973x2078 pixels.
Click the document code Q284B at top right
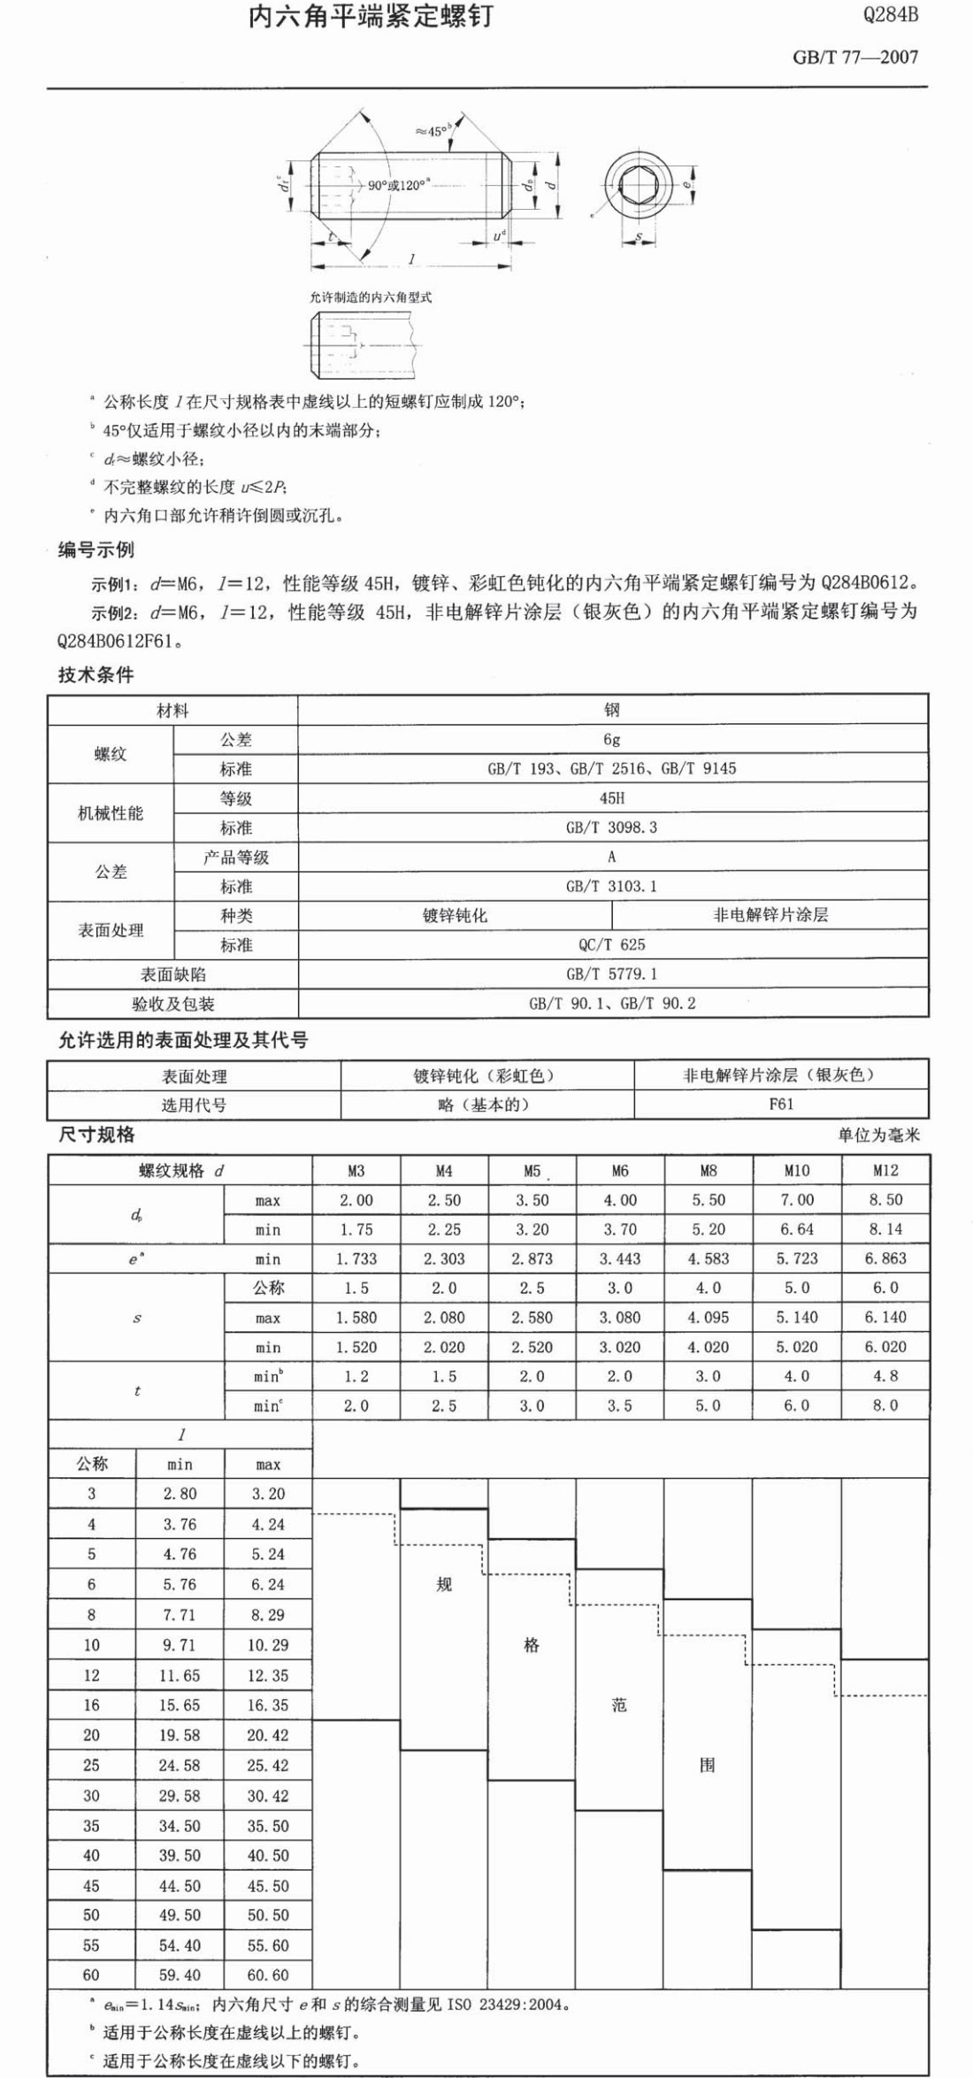(x=891, y=15)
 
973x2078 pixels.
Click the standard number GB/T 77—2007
(x=854, y=58)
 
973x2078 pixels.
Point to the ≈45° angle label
(x=433, y=131)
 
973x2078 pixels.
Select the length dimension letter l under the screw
(x=411, y=259)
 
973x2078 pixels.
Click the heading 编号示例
(x=96, y=550)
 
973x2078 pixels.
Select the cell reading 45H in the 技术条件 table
(x=611, y=798)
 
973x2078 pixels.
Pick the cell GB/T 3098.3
(x=611, y=827)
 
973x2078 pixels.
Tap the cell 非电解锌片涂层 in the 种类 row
(x=770, y=915)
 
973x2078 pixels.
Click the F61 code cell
(x=781, y=1104)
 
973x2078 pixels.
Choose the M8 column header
(x=708, y=1171)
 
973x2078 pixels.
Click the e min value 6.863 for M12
(x=885, y=1258)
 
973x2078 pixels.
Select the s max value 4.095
(x=708, y=1317)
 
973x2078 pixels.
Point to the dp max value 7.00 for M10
(x=796, y=1200)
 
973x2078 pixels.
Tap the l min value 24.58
(x=180, y=1766)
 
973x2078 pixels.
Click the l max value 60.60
(x=268, y=1974)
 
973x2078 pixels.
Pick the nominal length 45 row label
(x=91, y=1886)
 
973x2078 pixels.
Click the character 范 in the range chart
(x=619, y=1705)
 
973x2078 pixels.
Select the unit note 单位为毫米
(x=878, y=1135)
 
